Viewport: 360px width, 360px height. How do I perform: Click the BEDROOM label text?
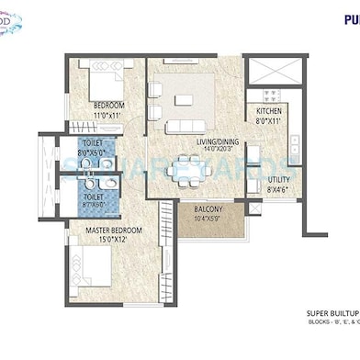110,106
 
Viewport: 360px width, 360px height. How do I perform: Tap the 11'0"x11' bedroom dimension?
110,116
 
